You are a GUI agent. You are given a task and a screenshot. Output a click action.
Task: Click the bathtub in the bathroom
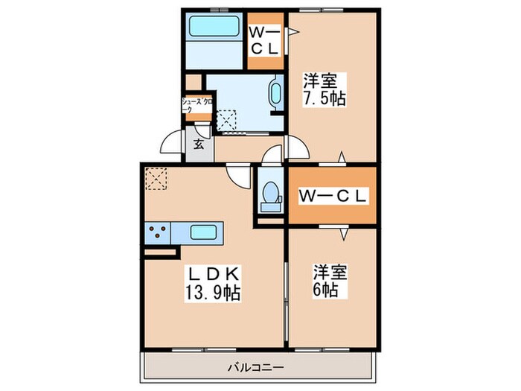pos(214,28)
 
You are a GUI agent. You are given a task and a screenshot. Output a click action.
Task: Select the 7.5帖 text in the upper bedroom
pos(324,98)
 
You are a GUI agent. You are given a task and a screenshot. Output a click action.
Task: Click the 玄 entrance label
pos(199,144)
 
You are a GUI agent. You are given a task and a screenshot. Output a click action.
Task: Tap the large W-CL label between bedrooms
pos(333,197)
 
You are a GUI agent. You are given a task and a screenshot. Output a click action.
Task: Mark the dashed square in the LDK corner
pos(156,178)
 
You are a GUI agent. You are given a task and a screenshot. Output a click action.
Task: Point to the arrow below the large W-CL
pos(343,233)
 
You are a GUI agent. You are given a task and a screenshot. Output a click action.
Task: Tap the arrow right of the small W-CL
pos(293,31)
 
